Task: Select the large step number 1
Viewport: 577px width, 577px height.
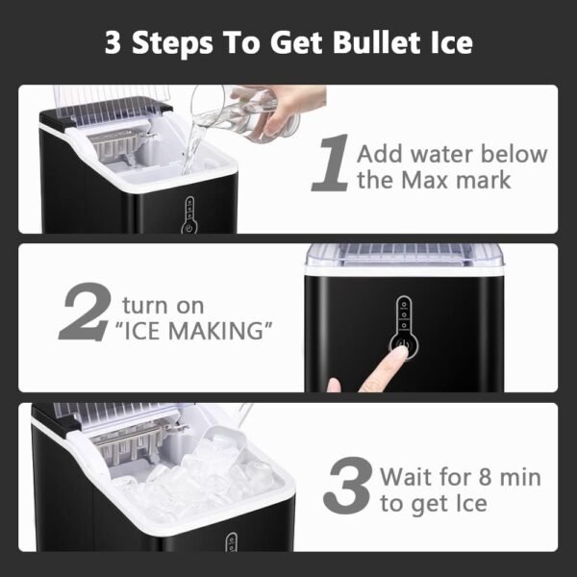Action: point(331,163)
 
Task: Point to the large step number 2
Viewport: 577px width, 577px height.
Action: point(86,312)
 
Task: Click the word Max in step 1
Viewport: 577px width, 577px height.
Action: point(425,181)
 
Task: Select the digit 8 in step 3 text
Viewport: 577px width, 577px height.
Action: point(485,477)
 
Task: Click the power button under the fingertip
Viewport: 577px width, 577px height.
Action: point(404,346)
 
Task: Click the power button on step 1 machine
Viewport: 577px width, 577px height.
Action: point(189,229)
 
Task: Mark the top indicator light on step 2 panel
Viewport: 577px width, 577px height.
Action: point(404,305)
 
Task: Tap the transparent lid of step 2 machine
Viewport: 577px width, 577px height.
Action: point(404,255)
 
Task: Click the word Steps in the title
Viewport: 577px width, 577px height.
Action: point(172,43)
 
